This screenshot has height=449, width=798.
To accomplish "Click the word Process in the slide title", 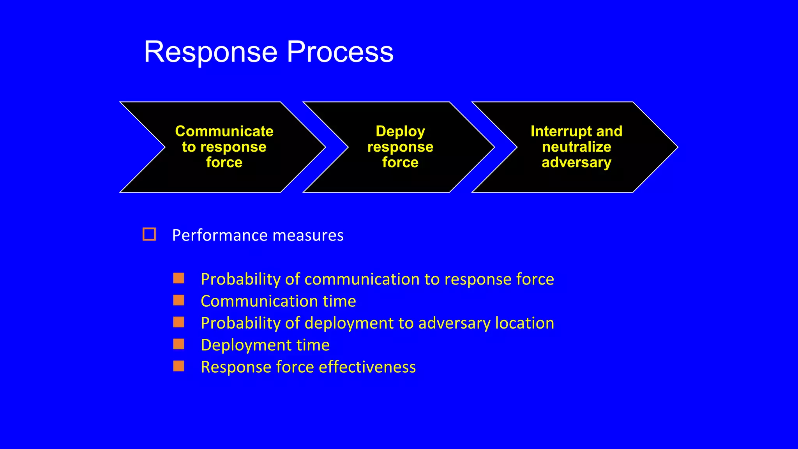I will (x=340, y=52).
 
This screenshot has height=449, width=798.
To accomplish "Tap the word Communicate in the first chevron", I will (x=224, y=131).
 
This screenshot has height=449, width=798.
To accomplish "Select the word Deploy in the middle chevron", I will (x=400, y=131).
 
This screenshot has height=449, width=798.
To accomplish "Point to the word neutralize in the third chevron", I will (x=576, y=147).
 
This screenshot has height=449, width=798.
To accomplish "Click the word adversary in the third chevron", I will (x=576, y=163).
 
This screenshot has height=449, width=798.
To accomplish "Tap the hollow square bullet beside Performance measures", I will (x=149, y=234).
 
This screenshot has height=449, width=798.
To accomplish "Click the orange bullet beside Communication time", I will (x=179, y=300).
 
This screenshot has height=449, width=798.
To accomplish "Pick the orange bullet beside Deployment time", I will (x=179, y=344).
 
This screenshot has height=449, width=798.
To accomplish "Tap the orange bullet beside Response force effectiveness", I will (x=179, y=366).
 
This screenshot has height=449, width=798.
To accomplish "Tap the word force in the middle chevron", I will (x=400, y=163).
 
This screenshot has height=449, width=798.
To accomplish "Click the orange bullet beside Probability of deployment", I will (x=179, y=322).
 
